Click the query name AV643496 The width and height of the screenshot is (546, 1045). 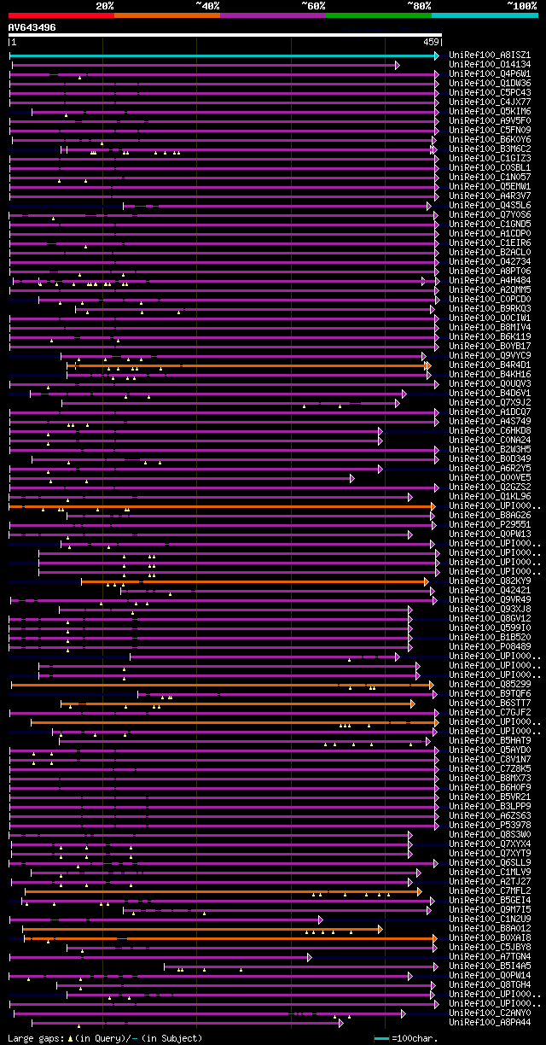point(32,27)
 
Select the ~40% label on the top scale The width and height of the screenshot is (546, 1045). point(207,5)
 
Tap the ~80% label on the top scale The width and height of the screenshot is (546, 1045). point(419,5)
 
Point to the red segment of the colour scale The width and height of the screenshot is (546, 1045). point(61,15)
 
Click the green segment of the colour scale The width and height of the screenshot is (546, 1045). point(378,15)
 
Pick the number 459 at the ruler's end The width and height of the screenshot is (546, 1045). point(431,41)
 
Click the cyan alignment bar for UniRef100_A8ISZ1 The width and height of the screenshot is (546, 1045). point(222,55)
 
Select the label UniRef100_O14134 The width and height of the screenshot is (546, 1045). point(490,65)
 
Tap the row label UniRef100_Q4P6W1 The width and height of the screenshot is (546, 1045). point(490,74)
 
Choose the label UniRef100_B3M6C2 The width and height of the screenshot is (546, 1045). point(490,149)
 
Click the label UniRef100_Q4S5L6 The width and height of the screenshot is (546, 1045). point(490,206)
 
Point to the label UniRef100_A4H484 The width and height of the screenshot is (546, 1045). point(490,281)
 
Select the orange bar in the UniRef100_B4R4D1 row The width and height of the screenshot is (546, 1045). point(247,365)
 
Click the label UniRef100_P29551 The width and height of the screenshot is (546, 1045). point(490,525)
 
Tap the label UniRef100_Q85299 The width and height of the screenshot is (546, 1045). point(490,685)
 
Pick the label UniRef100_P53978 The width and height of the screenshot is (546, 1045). point(490,826)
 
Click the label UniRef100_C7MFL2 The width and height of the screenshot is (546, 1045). point(490,891)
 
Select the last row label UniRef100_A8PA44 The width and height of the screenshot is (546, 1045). point(490,1023)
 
